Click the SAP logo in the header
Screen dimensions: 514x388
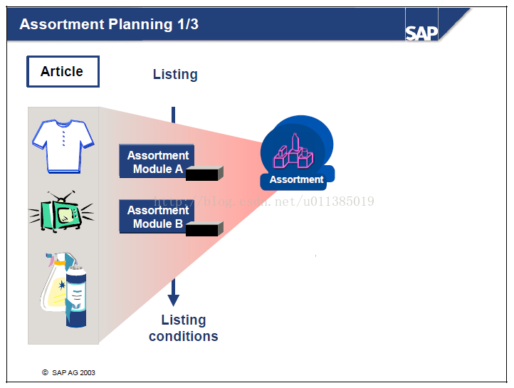pyautogui.click(x=421, y=33)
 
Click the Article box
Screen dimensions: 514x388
pyautogui.click(x=63, y=71)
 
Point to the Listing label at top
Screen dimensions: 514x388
pyautogui.click(x=175, y=74)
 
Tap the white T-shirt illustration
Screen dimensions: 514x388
pyautogui.click(x=63, y=146)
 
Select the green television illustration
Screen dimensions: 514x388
pyautogui.click(x=61, y=211)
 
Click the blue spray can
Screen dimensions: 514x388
pyautogui.click(x=76, y=296)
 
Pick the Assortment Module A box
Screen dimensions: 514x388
pyautogui.click(x=157, y=161)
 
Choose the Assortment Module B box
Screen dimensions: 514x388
pyautogui.click(x=157, y=216)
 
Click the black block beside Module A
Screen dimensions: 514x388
pyautogui.click(x=204, y=174)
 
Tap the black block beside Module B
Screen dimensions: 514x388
pyautogui.click(x=204, y=229)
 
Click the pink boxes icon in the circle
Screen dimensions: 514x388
pyautogui.click(x=293, y=152)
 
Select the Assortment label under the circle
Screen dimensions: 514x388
pyautogui.click(x=296, y=179)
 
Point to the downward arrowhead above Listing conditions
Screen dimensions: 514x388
pyautogui.click(x=174, y=300)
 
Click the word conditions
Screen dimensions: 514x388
pyautogui.click(x=184, y=337)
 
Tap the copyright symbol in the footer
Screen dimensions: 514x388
pyautogui.click(x=45, y=372)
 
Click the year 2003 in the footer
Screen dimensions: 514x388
pyautogui.click(x=88, y=372)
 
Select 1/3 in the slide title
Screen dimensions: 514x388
pyautogui.click(x=188, y=24)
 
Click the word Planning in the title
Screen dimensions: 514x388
pyautogui.click(x=140, y=25)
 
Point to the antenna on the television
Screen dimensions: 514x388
pyautogui.click(x=61, y=196)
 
